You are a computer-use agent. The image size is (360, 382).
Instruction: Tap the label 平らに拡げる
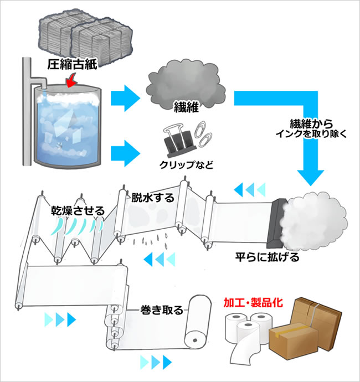[x=260, y=257]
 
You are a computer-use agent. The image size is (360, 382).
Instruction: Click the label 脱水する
[x=152, y=197]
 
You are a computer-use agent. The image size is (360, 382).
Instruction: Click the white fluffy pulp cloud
[x=313, y=216]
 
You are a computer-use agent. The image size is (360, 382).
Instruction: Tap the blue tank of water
[x=67, y=127]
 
